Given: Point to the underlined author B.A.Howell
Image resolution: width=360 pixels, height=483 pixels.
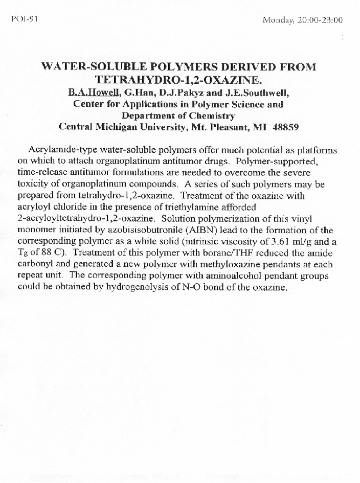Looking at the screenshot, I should coord(93,93).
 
